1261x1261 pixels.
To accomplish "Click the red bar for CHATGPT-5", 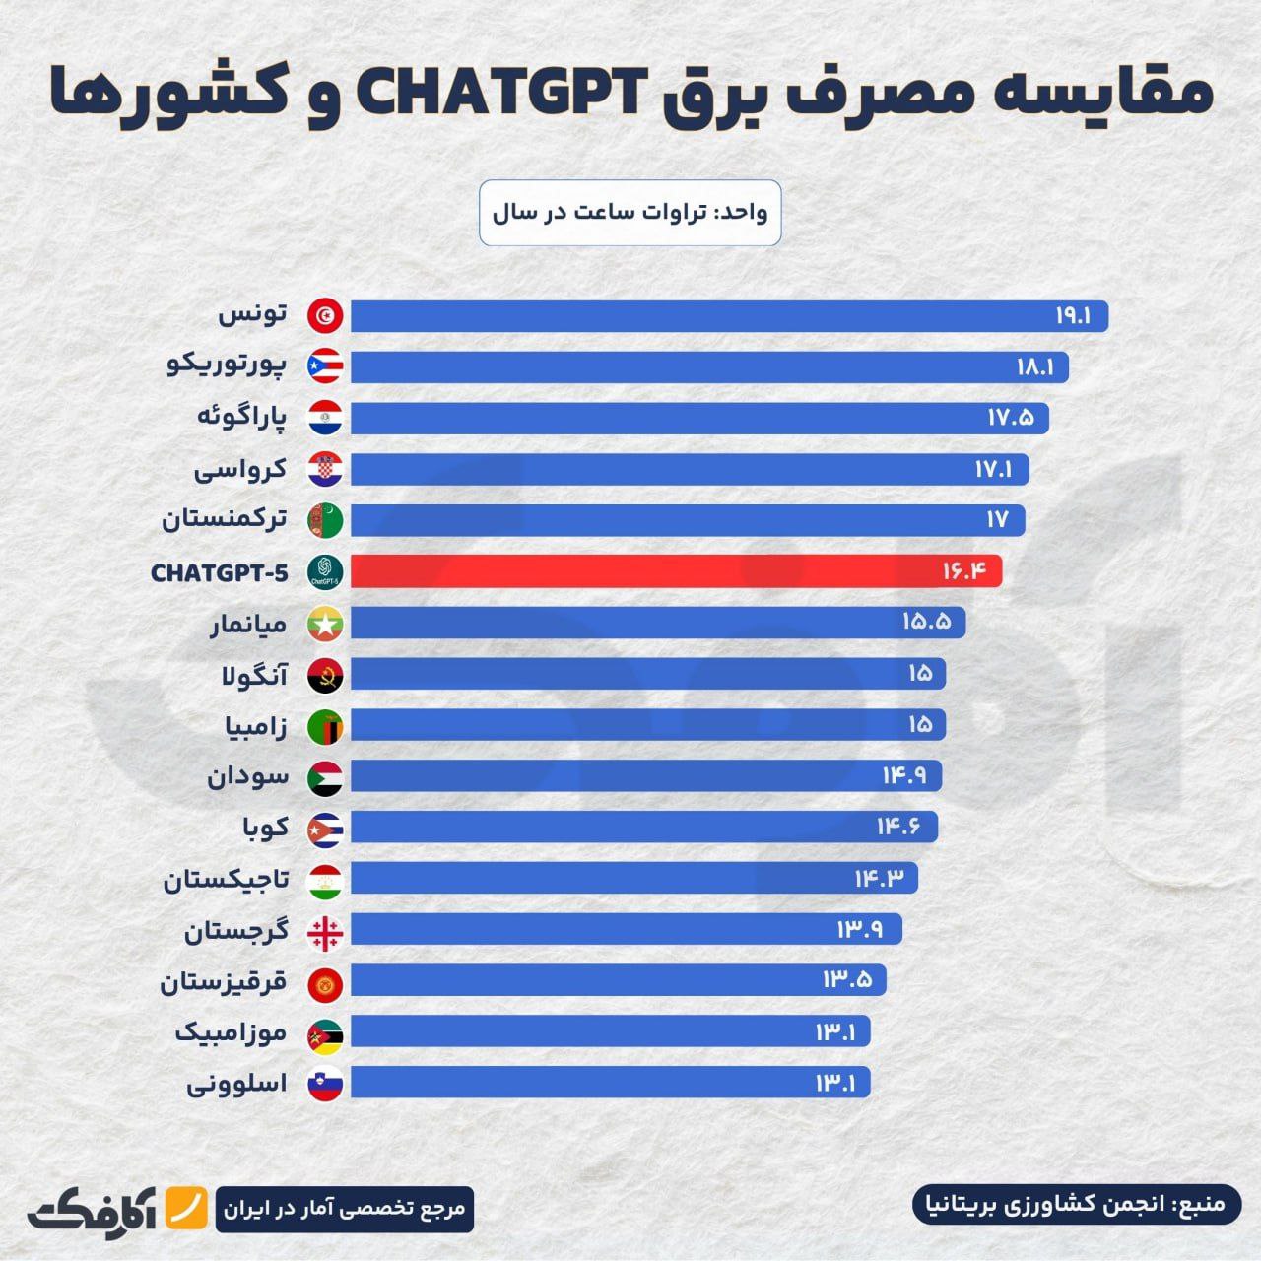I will (676, 571).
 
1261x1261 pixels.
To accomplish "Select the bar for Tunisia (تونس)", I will (729, 316).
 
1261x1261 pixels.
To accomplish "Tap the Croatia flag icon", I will (325, 470).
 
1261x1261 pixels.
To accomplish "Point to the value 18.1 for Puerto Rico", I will (1035, 367).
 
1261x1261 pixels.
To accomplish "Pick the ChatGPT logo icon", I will (325, 571).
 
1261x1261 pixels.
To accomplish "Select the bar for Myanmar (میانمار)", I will (658, 623).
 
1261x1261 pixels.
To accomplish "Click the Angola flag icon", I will (325, 675).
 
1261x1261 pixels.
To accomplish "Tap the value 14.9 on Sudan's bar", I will (904, 776).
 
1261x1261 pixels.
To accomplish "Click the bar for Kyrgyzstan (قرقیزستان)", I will (618, 980).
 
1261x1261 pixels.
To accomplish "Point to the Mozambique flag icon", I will (325, 1033).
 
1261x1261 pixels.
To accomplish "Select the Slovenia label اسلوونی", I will (237, 1084).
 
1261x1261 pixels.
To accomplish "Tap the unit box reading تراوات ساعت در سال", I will (630, 213).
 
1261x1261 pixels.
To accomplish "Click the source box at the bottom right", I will (1078, 1204).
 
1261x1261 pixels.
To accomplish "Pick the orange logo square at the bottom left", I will (186, 1209).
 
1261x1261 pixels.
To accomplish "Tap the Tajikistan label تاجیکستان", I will (226, 879).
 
